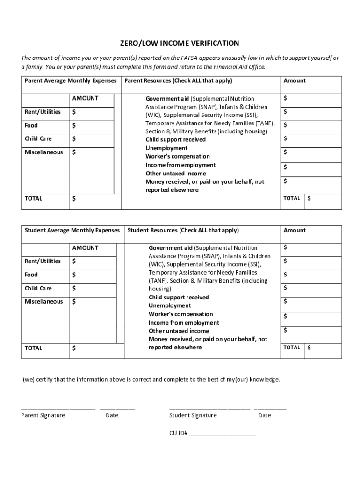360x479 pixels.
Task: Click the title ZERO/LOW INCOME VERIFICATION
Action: [180, 44]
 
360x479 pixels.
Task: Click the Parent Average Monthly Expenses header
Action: [71, 80]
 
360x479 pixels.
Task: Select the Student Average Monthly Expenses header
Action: [72, 230]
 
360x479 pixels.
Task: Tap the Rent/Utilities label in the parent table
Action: [43, 112]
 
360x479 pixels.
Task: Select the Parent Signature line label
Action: [43, 415]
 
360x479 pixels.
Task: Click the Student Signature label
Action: [193, 415]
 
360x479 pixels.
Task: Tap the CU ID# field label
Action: [178, 433]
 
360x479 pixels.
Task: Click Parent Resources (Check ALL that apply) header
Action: [178, 80]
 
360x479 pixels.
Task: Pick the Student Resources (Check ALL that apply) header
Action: [183, 230]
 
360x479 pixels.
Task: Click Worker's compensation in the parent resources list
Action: [178, 156]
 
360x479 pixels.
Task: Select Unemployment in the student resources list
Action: [170, 305]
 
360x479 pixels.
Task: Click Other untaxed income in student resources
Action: [179, 331]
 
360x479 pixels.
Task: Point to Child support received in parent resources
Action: [175, 139]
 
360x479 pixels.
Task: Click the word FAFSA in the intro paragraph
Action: [191, 58]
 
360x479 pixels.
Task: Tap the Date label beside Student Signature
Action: [265, 415]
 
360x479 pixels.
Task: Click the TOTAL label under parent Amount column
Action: [292, 198]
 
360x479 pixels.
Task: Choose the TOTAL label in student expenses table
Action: [33, 348]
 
